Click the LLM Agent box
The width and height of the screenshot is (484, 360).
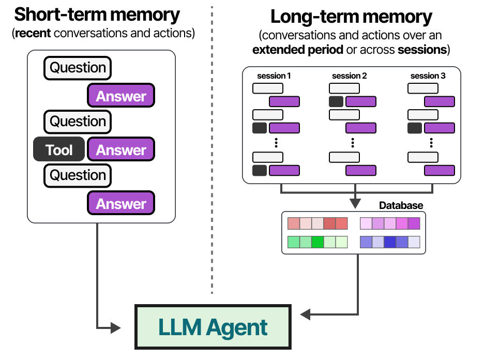coord(213,327)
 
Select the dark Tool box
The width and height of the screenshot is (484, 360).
coord(59,150)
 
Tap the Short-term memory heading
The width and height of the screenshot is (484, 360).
coord(97,15)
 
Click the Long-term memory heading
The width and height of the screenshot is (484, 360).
coord(351,17)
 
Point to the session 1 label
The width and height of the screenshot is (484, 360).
coord(274,76)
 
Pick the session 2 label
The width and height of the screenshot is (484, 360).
coord(350,76)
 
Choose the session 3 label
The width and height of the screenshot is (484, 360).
coord(428,76)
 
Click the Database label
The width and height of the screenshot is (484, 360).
coord(401,205)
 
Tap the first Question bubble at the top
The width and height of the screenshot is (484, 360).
coord(78,68)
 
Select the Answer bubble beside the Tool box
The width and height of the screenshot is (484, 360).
coord(122,150)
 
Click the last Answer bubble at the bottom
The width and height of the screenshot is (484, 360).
coord(122,204)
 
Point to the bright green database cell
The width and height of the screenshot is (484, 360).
coord(317,242)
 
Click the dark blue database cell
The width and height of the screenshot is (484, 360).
coord(390,242)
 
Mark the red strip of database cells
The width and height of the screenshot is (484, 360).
coord(317,223)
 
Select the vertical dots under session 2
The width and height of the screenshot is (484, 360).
coord(352,142)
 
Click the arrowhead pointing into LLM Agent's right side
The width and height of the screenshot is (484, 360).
coord(305,314)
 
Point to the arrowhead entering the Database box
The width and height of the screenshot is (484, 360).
coord(355,204)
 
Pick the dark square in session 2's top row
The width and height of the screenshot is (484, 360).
coord(336,101)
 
